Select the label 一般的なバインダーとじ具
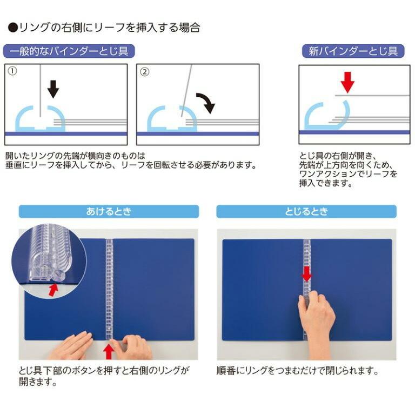tap(69, 51)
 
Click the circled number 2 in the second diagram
tap(144, 71)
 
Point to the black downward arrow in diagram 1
tap(52, 88)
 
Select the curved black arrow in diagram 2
tap(204, 102)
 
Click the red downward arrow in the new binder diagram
tap(347, 83)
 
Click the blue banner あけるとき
tap(108, 211)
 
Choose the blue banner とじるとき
tap(306, 211)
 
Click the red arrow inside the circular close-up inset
tap(53, 290)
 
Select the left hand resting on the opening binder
tap(72, 346)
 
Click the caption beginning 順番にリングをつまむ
tap(297, 372)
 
